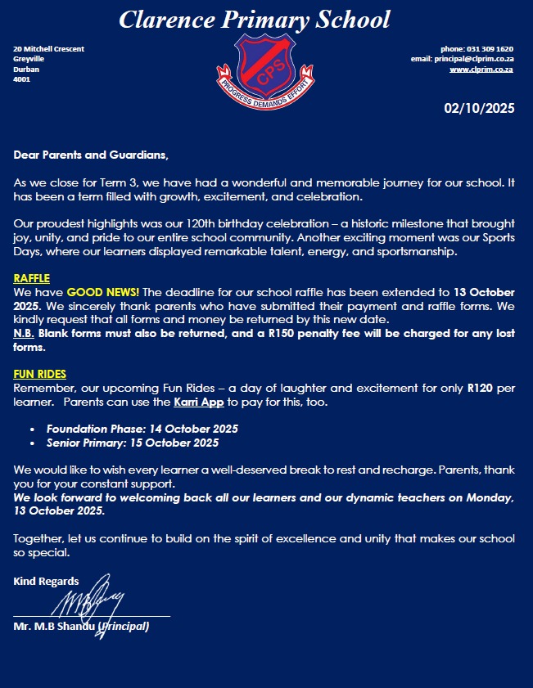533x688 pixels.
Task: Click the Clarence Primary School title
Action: click(254, 20)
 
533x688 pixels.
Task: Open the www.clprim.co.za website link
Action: click(481, 70)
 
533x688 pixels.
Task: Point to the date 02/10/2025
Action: click(479, 108)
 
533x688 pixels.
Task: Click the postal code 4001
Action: click(21, 79)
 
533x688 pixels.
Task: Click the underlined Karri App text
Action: click(200, 403)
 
